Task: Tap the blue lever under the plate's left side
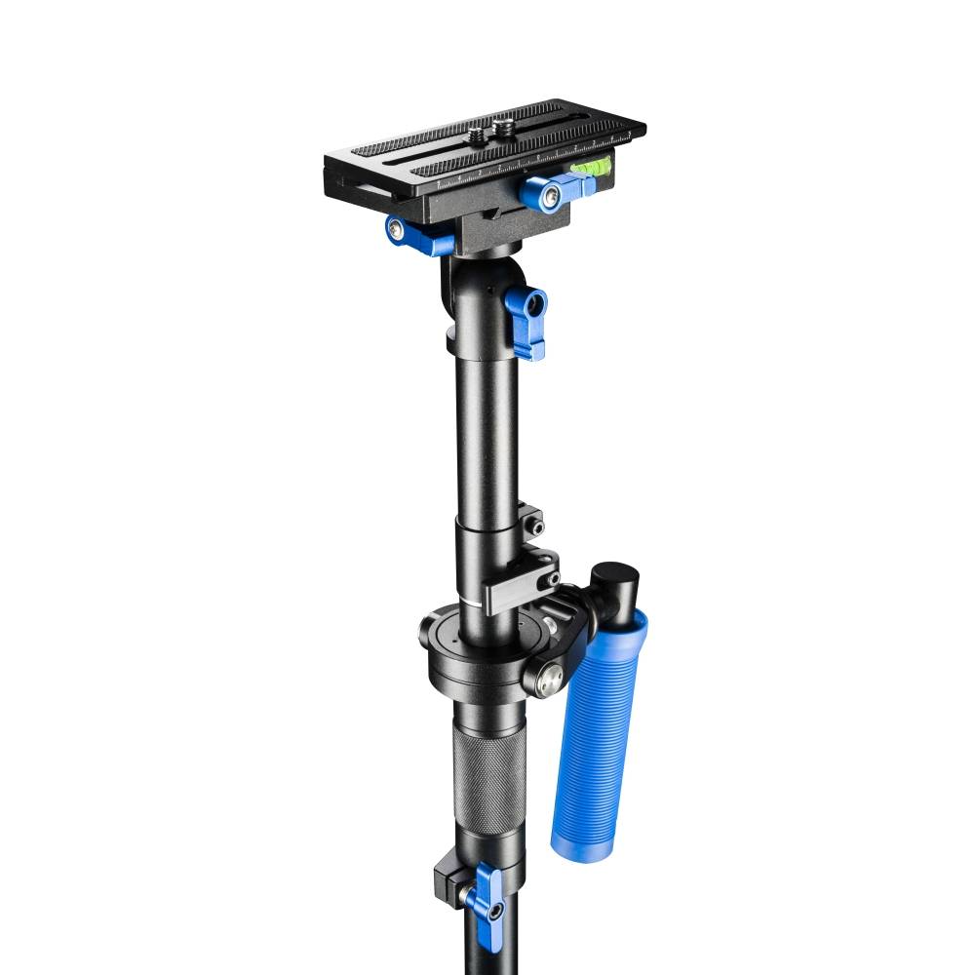[x=415, y=234]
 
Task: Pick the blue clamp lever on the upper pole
[x=526, y=322]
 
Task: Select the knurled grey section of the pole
[x=487, y=775]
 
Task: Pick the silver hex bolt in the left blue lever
[x=396, y=230]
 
